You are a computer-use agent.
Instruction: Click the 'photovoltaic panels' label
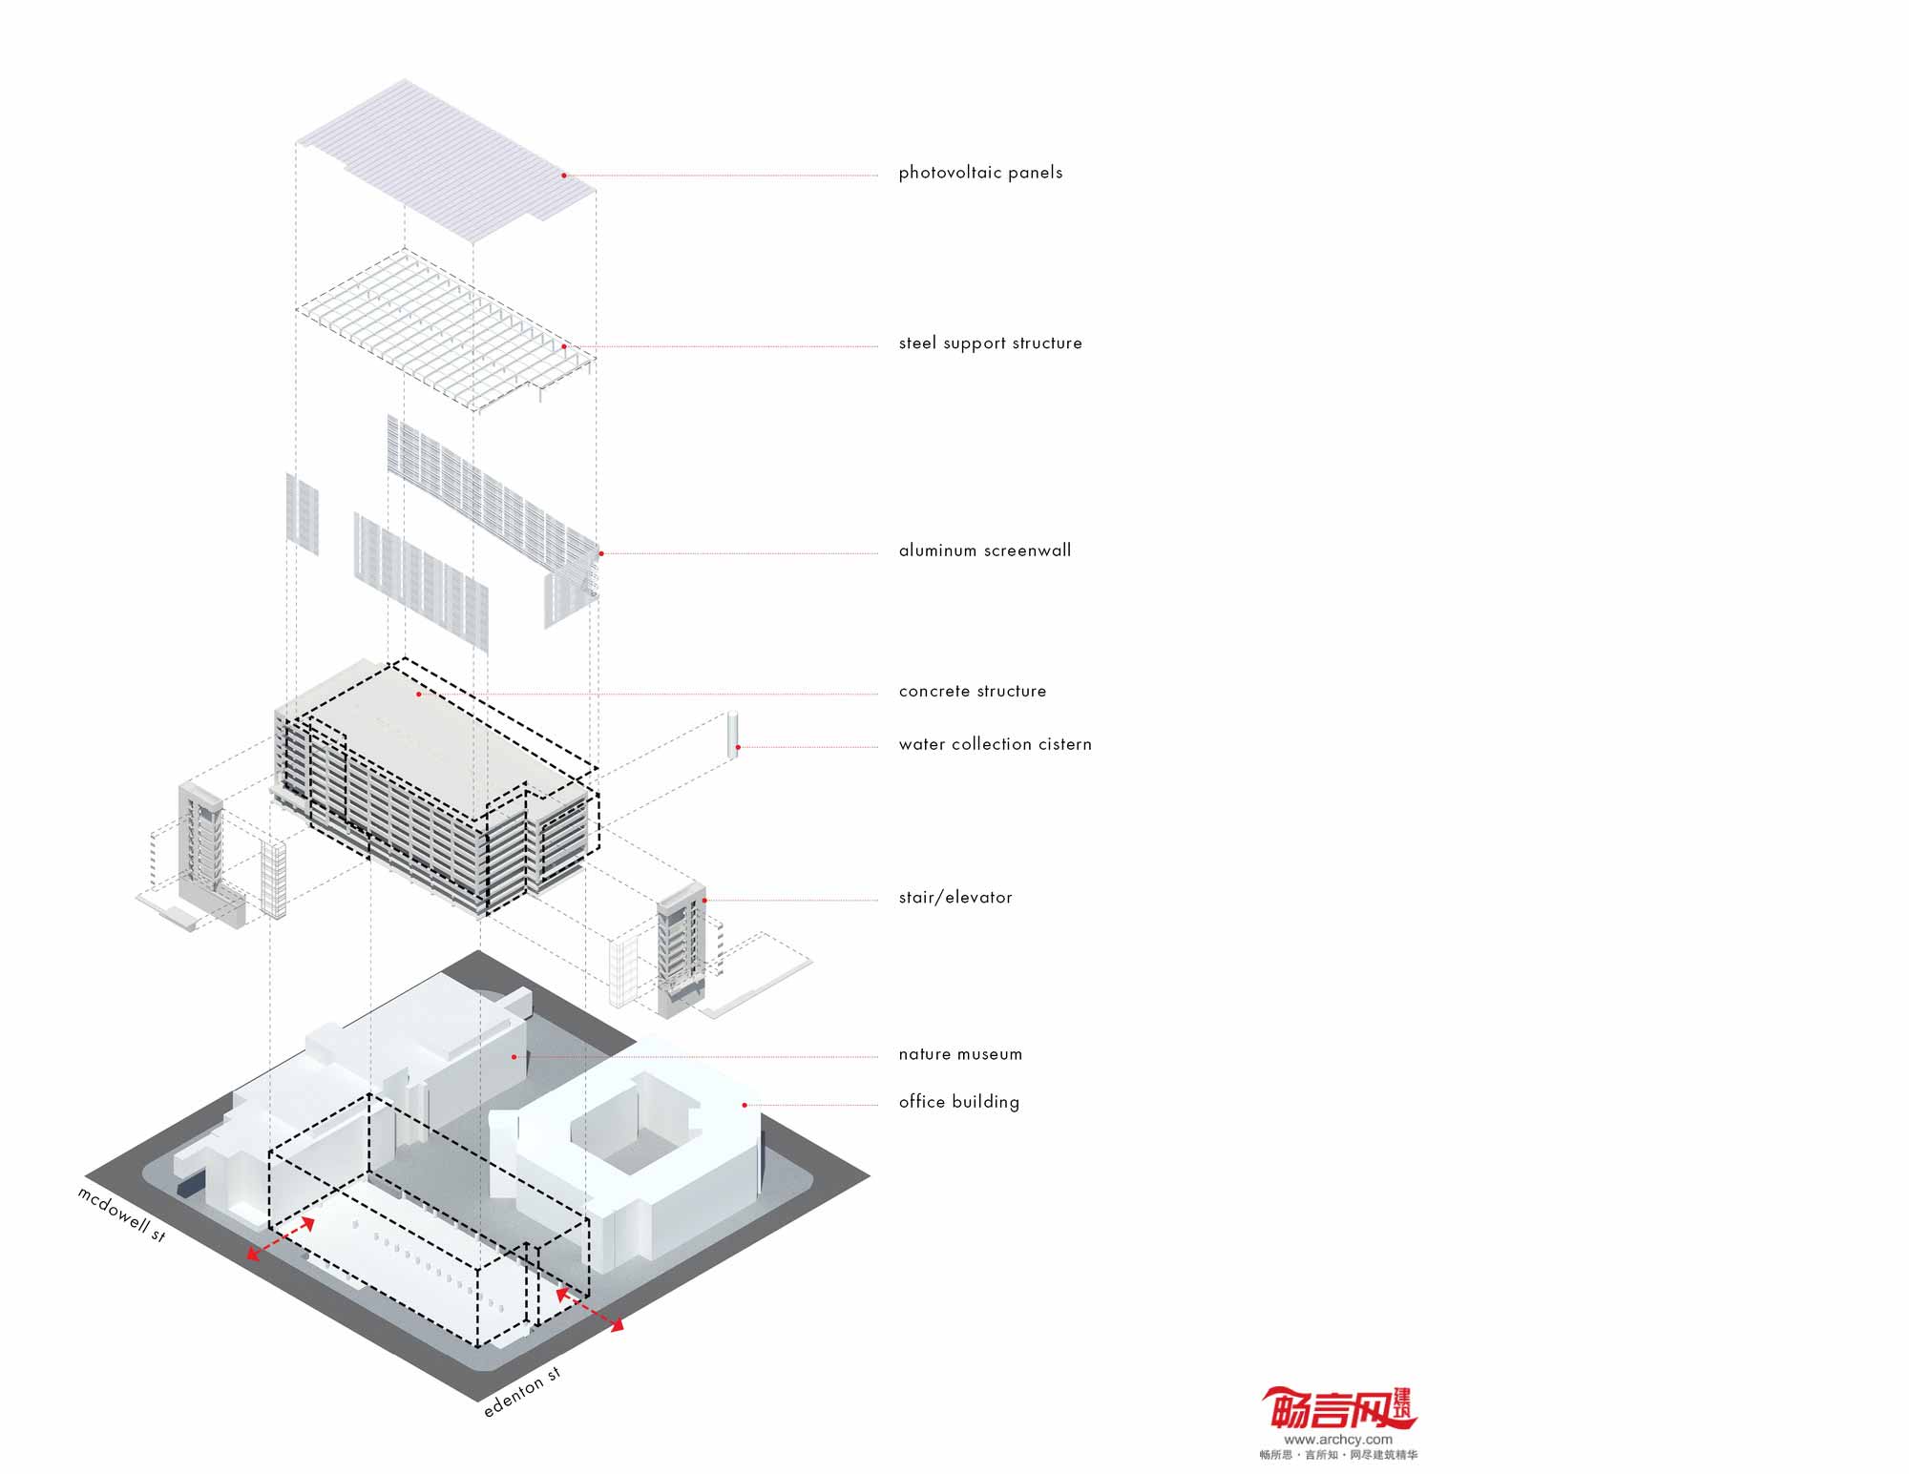[980, 173]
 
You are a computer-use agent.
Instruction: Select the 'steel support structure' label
[990, 343]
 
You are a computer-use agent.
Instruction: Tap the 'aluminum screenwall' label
[984, 550]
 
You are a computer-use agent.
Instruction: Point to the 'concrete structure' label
[972, 691]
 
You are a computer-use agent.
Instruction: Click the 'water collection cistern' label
[995, 744]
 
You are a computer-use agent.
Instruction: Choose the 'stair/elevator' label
[954, 898]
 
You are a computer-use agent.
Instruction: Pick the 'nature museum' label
[959, 1054]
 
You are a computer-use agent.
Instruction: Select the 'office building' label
[958, 1102]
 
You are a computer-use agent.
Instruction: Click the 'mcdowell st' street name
[122, 1214]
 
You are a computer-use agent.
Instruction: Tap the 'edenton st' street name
[522, 1392]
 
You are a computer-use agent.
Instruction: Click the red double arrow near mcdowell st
[281, 1238]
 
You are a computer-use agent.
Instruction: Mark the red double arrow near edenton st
[590, 1308]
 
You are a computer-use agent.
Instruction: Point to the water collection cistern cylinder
[733, 735]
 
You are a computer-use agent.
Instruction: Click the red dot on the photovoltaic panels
[564, 176]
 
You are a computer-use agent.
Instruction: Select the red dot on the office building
[745, 1105]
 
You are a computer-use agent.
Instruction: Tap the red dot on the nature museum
[514, 1056]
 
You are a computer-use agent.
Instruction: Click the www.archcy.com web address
[1337, 1439]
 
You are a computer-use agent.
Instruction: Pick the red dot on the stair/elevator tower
[704, 900]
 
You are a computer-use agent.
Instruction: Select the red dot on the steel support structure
[564, 346]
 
